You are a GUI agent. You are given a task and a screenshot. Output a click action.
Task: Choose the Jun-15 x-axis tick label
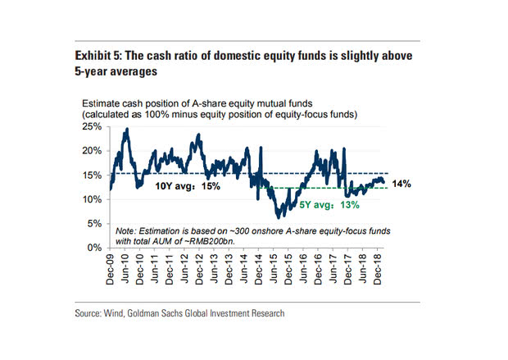[277, 267]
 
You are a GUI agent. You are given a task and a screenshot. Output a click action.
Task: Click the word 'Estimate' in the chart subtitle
[100, 104]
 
